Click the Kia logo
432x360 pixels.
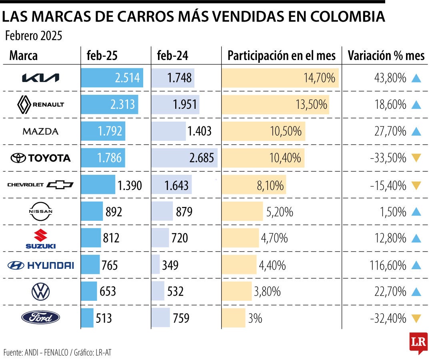click(40, 78)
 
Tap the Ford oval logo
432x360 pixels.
click(40, 318)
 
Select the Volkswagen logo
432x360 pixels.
click(40, 291)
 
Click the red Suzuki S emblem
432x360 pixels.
click(40, 235)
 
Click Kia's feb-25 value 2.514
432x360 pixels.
click(127, 78)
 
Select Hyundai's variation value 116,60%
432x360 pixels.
click(388, 265)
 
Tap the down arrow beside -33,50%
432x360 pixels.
click(416, 158)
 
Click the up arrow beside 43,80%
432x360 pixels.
click(416, 78)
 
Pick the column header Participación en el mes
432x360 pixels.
click(282, 56)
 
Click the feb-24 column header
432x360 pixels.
click(172, 56)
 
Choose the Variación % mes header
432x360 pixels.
click(386, 56)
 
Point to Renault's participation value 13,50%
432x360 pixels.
click(311, 105)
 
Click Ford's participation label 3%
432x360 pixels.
click(255, 318)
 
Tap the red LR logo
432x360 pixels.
click(418, 342)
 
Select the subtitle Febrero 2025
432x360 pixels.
click(34, 36)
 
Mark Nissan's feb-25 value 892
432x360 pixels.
click(114, 212)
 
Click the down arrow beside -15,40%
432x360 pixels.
click(416, 185)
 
